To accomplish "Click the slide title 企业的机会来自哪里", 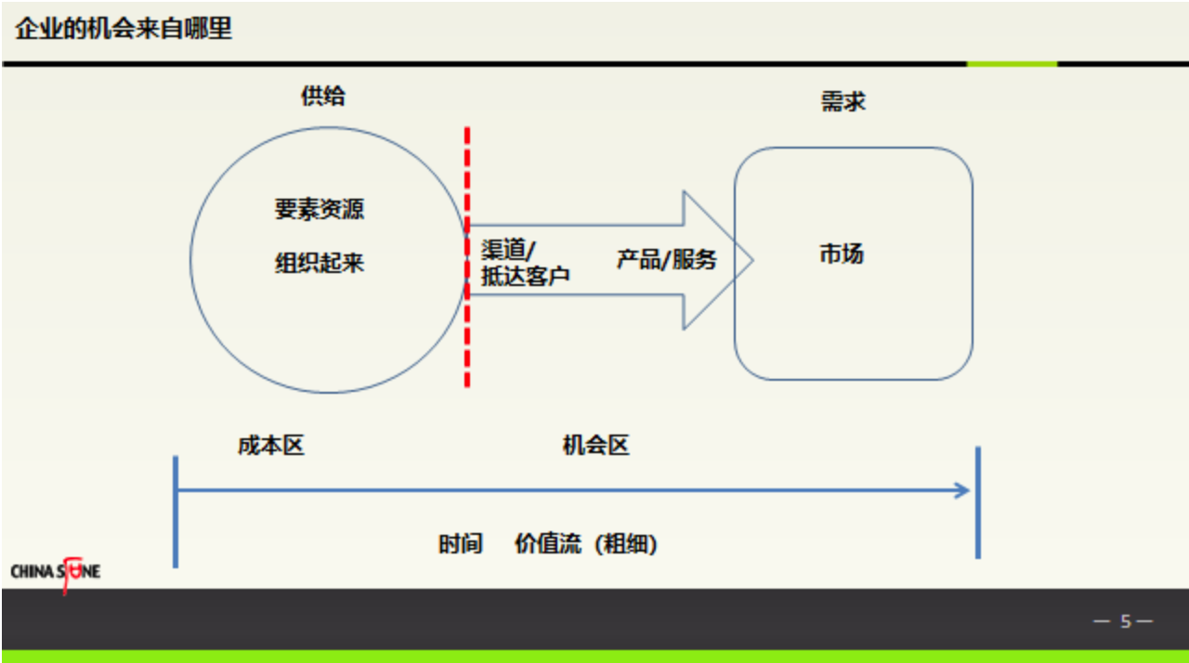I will point(124,29).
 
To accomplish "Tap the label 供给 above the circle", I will point(322,96).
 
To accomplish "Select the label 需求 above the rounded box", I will point(843,101).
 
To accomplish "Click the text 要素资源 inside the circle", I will point(319,209).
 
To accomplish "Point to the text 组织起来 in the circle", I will point(319,263).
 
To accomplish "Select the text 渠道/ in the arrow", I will point(508,250).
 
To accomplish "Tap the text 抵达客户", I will point(525,276).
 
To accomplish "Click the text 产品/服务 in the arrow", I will point(666,259).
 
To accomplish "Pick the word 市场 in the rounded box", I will point(841,253).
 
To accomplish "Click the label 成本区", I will point(270,446).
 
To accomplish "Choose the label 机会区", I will point(595,446).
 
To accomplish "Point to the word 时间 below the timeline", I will point(460,544).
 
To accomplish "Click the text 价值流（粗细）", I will point(586,544).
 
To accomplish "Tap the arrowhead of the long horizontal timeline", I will point(963,490).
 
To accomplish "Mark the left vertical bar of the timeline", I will point(175,511).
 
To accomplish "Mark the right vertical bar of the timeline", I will point(977,502).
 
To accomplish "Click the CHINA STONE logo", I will point(56,571).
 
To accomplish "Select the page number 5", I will point(1125,621).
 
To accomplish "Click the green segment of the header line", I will point(1012,64).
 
